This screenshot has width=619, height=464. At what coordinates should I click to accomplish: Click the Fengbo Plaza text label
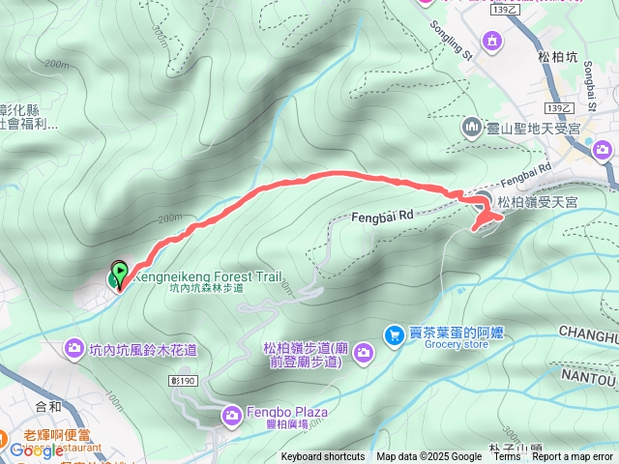pos(286,412)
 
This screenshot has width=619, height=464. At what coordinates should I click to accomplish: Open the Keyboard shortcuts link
pos(323,457)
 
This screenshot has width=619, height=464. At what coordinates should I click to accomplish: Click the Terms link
pos(507,457)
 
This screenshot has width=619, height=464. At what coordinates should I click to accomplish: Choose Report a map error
pos(573,457)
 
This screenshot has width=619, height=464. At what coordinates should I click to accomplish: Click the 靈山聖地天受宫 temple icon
pos(472,127)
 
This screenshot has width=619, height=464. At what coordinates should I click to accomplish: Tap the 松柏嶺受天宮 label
pos(537,201)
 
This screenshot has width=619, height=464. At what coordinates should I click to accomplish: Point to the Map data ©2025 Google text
pos(429,457)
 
